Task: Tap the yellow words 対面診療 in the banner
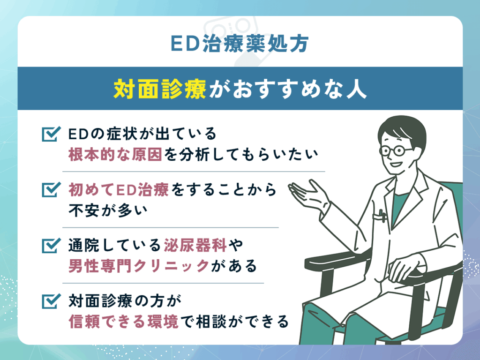159,89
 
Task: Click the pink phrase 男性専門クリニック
138,266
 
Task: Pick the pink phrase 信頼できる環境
124,322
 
